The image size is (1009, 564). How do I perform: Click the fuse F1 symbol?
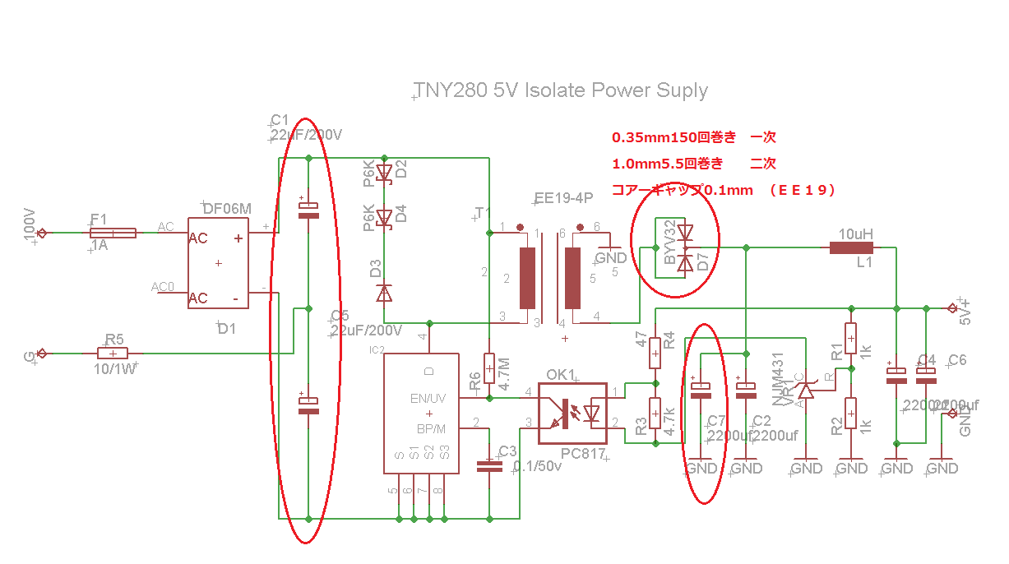[113, 233]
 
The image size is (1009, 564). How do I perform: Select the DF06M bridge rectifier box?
[218, 263]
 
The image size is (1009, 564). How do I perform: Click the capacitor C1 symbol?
[308, 210]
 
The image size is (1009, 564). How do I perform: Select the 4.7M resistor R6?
[489, 364]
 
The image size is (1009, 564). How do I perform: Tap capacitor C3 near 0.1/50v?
[489, 465]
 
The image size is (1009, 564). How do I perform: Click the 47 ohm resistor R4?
[655, 352]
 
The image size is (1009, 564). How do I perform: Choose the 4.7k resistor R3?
[655, 413]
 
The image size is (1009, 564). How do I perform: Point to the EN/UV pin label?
[428, 398]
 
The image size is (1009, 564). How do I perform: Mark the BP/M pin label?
[430, 428]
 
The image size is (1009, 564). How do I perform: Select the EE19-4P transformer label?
[563, 198]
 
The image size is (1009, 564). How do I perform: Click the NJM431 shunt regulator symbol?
[806, 391]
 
